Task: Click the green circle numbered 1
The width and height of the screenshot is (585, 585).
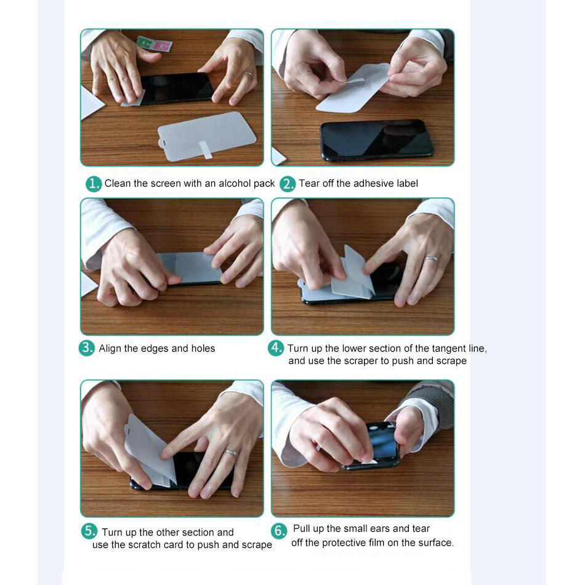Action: (x=94, y=184)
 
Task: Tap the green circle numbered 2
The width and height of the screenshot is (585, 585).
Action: (x=288, y=184)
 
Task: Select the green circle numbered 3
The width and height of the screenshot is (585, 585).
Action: (x=87, y=348)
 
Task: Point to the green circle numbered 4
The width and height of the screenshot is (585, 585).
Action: (x=276, y=348)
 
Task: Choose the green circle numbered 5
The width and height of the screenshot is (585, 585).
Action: (x=89, y=531)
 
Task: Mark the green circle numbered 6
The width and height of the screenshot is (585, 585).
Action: (x=279, y=531)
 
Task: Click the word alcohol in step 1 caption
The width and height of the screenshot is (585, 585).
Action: (x=235, y=183)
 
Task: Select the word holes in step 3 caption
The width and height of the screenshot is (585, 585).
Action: (x=203, y=348)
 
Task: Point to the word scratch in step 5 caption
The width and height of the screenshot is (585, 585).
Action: (x=145, y=545)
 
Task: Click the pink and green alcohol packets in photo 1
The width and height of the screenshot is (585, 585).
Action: (x=155, y=44)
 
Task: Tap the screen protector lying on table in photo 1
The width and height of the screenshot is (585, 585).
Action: (x=206, y=136)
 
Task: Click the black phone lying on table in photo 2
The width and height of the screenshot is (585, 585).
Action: (x=377, y=140)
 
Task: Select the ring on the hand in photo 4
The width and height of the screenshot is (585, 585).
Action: (x=431, y=258)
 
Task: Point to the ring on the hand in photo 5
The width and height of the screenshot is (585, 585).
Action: (x=232, y=453)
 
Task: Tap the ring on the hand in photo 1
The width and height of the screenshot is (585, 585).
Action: (x=249, y=75)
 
